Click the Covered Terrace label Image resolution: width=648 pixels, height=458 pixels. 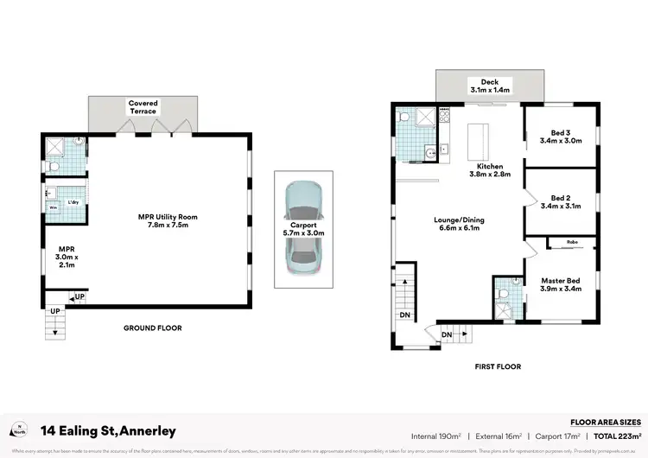coord(143,107)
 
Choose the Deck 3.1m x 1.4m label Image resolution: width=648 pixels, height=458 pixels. coord(490,86)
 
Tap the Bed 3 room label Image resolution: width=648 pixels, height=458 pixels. coord(560,137)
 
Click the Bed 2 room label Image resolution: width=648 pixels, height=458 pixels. coord(560,202)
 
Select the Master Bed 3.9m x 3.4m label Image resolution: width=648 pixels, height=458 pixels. coord(561,284)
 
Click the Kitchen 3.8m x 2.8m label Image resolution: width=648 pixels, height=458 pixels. coord(490,169)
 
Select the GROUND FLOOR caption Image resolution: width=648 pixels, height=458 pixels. coord(152,328)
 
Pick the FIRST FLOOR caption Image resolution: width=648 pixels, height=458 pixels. coord(499,366)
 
